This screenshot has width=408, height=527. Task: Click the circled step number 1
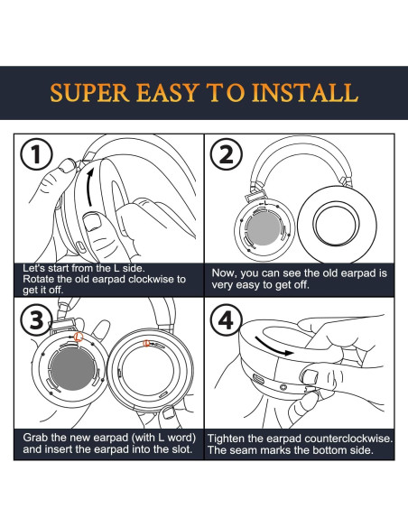click(x=37, y=154)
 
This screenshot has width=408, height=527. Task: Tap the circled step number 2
click(x=227, y=154)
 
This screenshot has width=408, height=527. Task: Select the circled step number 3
click(x=37, y=320)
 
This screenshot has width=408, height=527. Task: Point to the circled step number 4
click(x=227, y=320)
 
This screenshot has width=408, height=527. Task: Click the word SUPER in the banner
click(x=89, y=93)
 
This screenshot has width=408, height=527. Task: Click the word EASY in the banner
click(x=168, y=93)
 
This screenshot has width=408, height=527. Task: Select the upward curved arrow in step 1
click(x=88, y=187)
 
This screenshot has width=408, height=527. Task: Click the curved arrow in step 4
click(x=274, y=347)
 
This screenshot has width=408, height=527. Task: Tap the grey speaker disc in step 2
click(x=264, y=228)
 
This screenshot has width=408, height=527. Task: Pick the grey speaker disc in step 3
click(x=72, y=369)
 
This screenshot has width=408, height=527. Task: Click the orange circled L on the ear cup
click(x=79, y=337)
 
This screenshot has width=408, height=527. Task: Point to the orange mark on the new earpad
click(x=146, y=344)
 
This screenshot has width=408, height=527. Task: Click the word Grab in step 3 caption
click(x=35, y=438)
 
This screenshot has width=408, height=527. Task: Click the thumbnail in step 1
click(x=92, y=222)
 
